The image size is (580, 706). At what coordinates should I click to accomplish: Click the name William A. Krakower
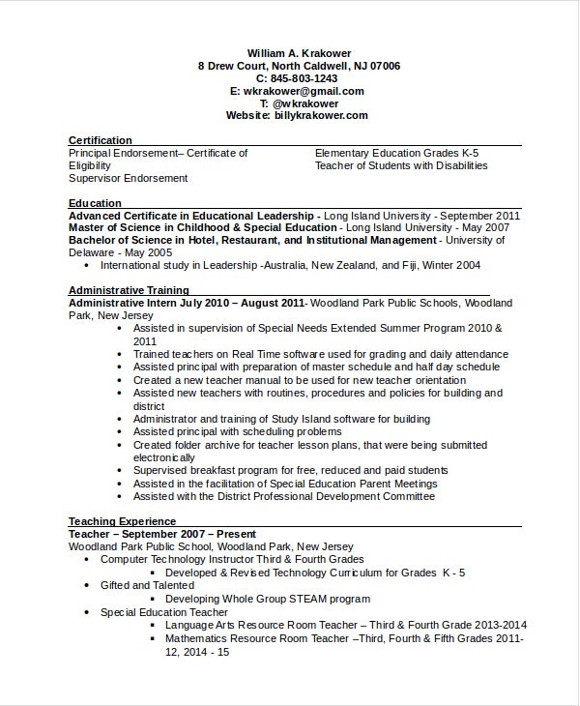[x=299, y=53]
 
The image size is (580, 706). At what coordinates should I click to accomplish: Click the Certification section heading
[x=101, y=140]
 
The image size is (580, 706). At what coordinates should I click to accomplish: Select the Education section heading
[x=95, y=203]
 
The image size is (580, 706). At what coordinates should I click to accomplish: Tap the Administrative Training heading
[x=129, y=290]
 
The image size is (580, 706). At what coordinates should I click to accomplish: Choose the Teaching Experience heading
[x=122, y=521]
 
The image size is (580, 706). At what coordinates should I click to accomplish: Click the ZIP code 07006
[x=384, y=66]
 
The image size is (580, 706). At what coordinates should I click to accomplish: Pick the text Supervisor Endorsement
[x=128, y=178]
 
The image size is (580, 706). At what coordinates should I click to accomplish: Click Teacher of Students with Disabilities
[x=401, y=165]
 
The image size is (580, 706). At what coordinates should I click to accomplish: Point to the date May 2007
[x=481, y=227]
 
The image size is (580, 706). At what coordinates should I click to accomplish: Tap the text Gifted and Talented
[x=147, y=585]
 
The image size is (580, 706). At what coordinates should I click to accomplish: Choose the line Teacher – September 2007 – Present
[x=162, y=534]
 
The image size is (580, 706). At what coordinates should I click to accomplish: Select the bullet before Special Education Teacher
[x=87, y=612]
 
